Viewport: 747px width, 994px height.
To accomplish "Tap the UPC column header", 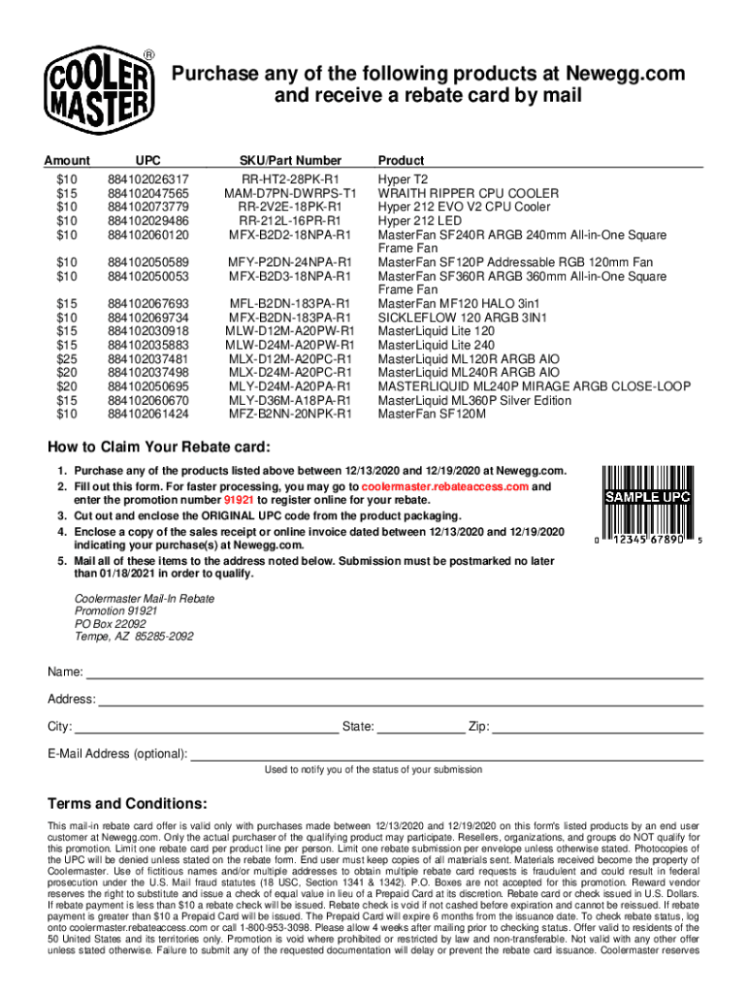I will (x=148, y=160).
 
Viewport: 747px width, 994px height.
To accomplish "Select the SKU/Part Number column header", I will (x=290, y=160).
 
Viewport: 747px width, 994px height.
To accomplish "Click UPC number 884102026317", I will (x=148, y=180).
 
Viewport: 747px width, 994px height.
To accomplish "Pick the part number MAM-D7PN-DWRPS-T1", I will (x=290, y=193).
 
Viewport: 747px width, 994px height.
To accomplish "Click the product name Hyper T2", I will (x=403, y=180).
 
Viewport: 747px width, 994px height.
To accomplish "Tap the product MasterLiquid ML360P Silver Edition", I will (x=474, y=400).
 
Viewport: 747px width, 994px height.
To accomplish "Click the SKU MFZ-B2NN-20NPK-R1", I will (x=290, y=414).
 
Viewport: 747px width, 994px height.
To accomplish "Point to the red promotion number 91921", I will (x=239, y=500).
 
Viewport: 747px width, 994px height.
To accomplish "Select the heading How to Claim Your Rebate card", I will (x=160, y=447).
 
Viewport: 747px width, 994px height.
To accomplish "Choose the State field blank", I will (x=420, y=726).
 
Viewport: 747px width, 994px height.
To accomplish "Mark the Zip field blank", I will (x=597, y=726).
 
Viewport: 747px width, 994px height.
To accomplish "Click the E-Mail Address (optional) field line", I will (x=446, y=754).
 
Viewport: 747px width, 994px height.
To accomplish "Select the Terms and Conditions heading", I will (x=127, y=804).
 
